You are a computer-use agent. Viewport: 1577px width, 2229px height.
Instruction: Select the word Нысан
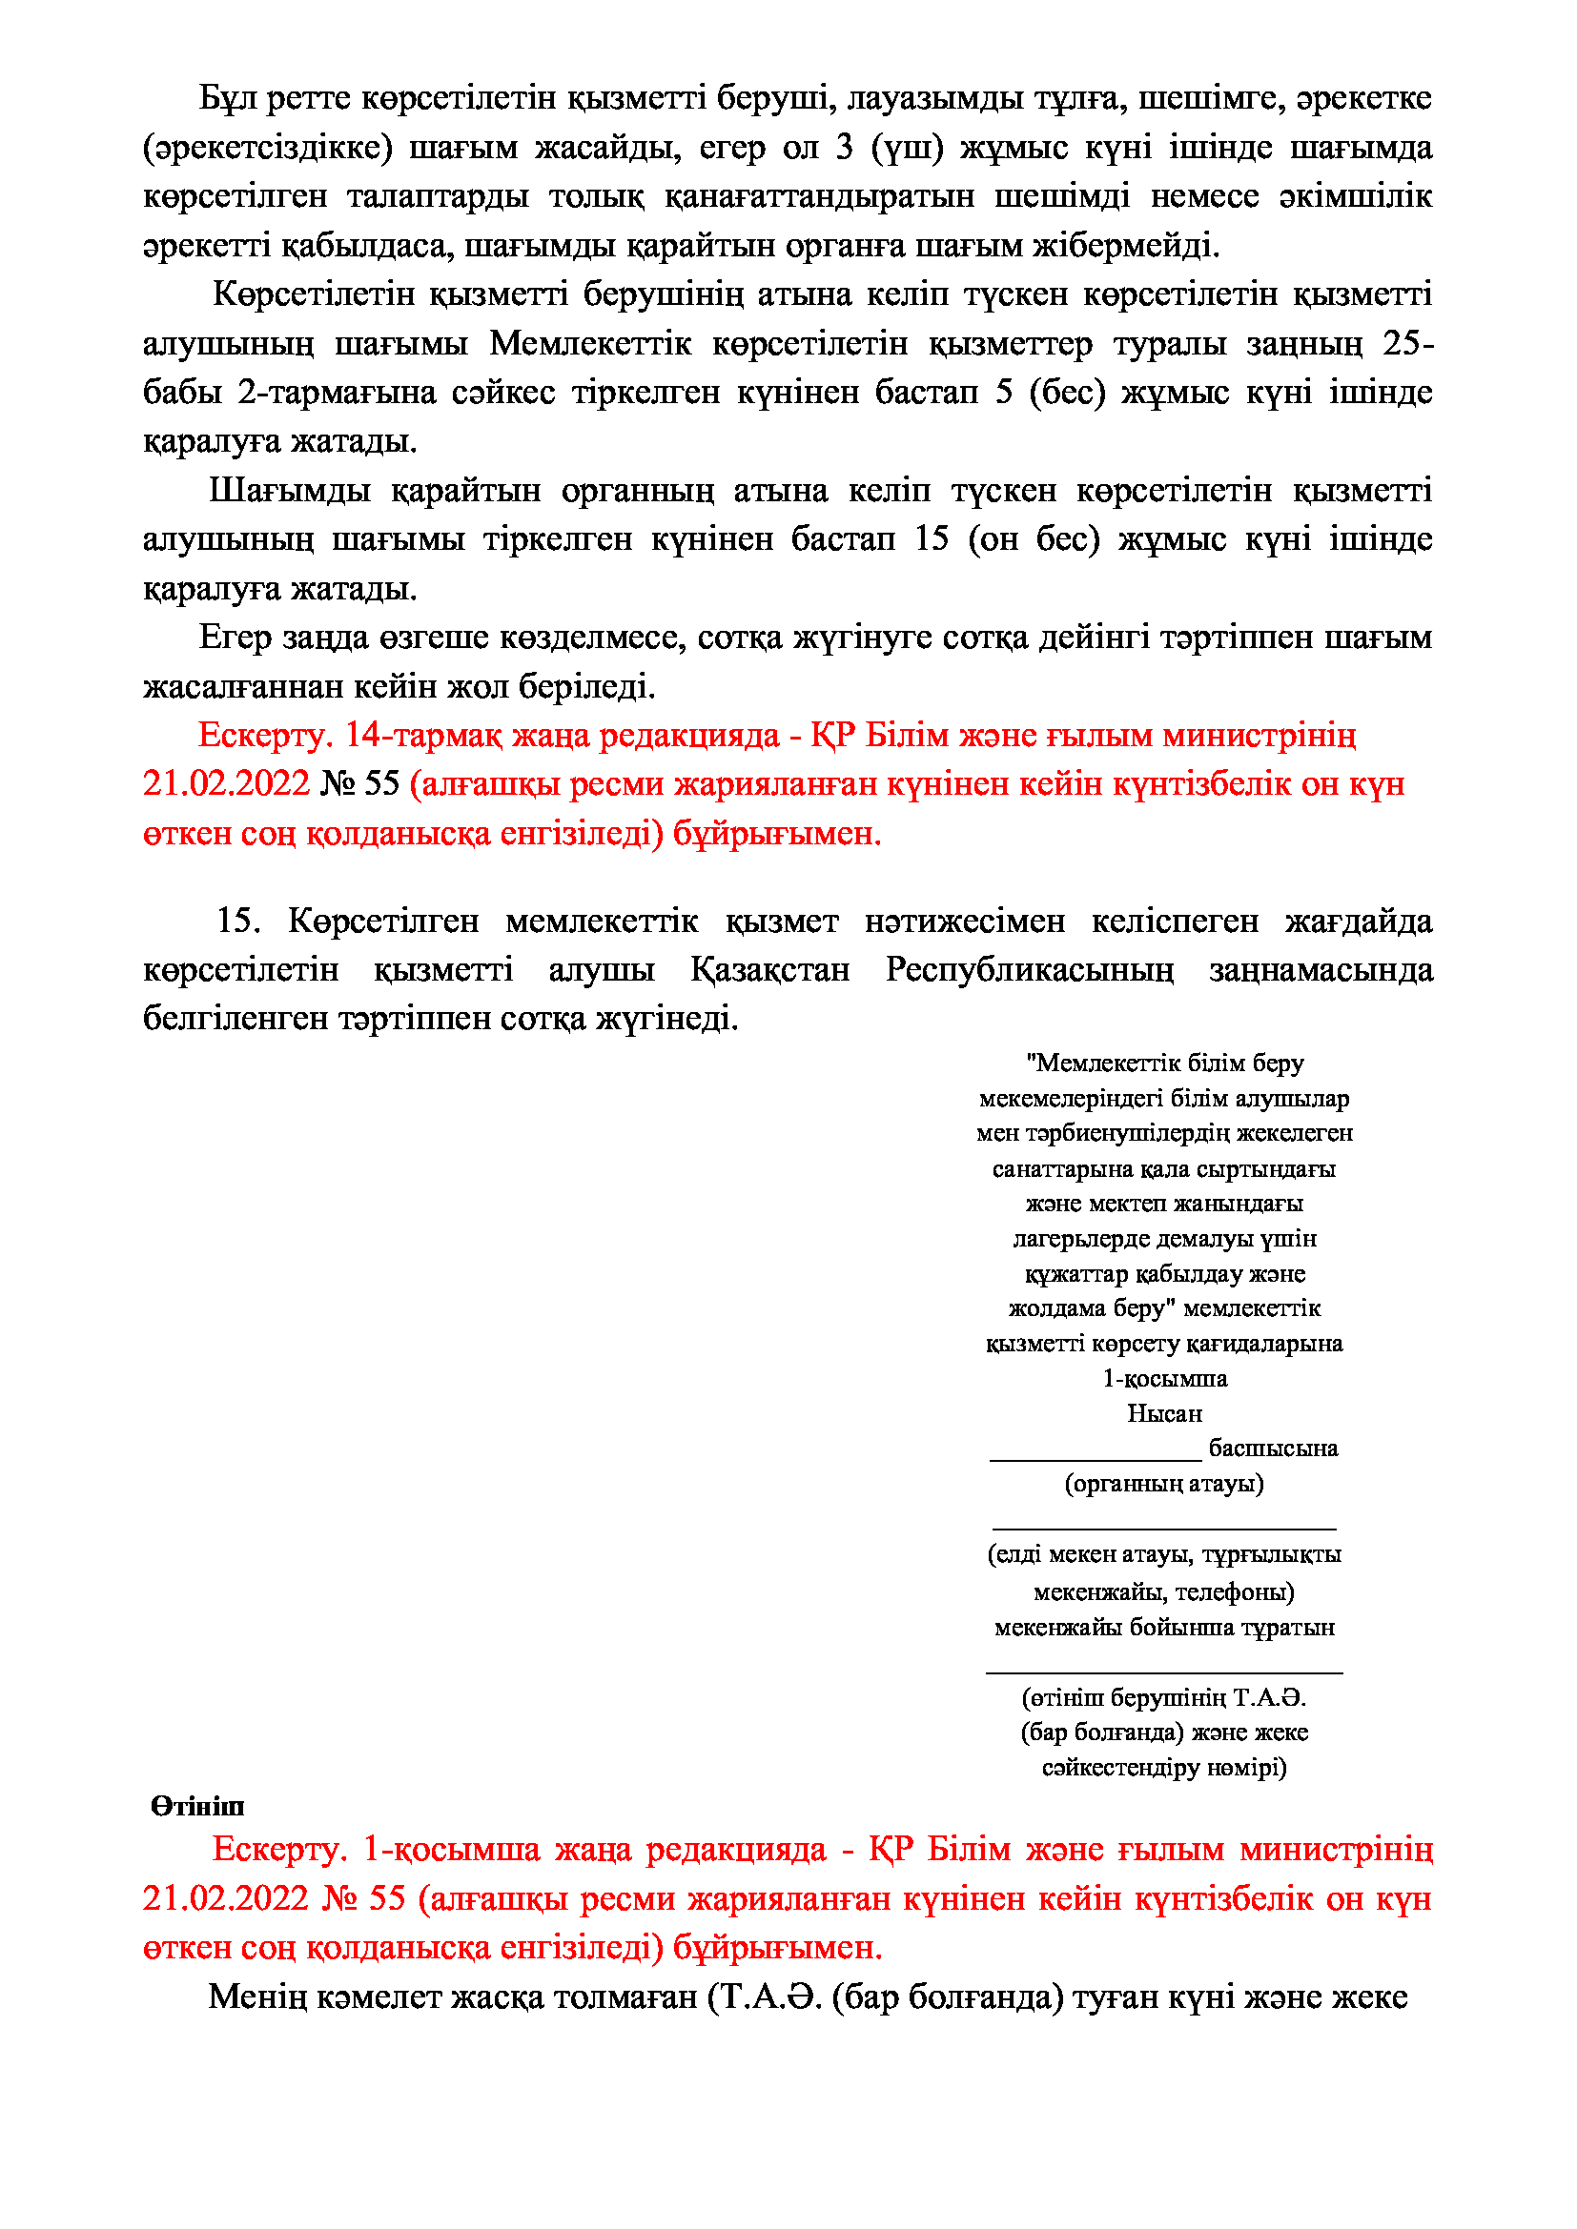pos(1164,1413)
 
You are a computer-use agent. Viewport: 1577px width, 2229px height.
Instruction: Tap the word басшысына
pos(1273,1449)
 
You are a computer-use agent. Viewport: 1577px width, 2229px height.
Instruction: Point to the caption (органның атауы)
pos(1164,1484)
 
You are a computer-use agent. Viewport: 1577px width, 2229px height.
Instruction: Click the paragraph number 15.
pos(238,921)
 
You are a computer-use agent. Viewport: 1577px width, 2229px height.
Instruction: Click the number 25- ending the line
pos(1407,344)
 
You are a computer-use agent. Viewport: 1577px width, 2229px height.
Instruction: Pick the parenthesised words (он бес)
pos(1034,538)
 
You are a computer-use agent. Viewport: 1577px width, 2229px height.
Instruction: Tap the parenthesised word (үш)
pos(907,148)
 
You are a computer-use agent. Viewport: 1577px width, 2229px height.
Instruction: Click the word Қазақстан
pos(770,970)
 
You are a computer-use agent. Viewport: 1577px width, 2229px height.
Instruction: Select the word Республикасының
pos(1030,970)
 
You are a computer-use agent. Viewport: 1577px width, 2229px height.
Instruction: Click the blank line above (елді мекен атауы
pos(1164,1528)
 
